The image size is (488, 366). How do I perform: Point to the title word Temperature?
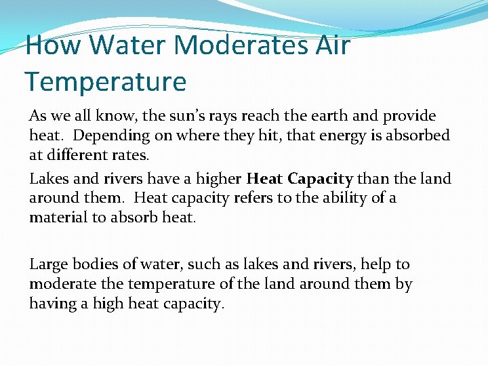105,81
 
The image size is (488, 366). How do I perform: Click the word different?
79,155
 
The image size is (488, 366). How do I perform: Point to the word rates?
131,155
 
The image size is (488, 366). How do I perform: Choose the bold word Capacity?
320,179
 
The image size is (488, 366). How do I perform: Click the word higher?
216,179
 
